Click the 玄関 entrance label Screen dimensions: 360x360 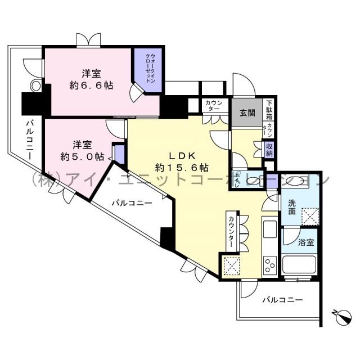[x=247, y=112]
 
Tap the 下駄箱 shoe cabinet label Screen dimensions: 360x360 [x=269, y=110]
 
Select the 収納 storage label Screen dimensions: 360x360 [x=270, y=148]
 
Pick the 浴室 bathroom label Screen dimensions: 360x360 [x=306, y=242]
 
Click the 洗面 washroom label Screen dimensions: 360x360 [x=293, y=208]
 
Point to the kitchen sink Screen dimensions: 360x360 [x=268, y=229]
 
